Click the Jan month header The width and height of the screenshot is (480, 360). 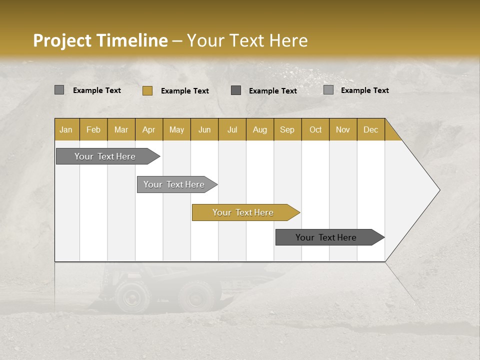click(x=66, y=129)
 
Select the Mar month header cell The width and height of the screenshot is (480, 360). click(x=121, y=129)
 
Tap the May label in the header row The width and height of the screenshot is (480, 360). click(x=176, y=129)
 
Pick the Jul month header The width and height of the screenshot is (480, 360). click(x=232, y=129)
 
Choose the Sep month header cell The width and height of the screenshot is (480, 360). click(x=287, y=129)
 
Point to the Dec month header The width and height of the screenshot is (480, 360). click(x=370, y=129)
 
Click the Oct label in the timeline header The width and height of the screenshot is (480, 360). click(x=315, y=129)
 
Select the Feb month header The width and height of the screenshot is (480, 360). click(x=93, y=129)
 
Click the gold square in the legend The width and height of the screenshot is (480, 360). click(x=147, y=90)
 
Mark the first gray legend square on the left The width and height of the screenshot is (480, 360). click(x=59, y=90)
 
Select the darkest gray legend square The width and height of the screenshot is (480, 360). click(x=236, y=90)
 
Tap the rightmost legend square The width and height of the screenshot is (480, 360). click(x=328, y=90)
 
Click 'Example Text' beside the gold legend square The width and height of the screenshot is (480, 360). click(x=184, y=91)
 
